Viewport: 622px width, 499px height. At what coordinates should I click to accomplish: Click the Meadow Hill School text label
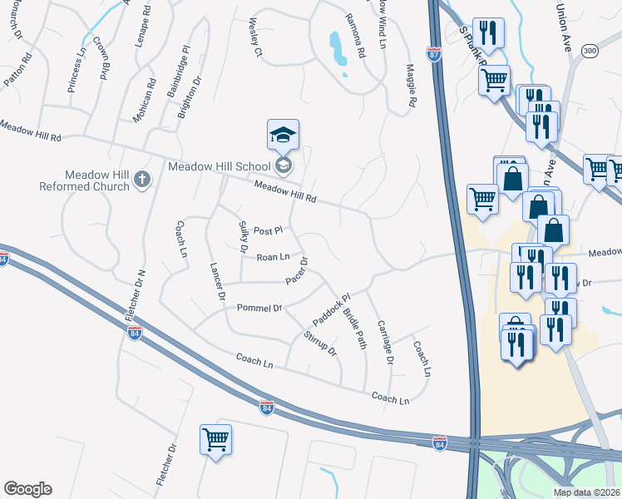point(219,166)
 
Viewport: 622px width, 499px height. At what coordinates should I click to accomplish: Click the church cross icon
point(142,180)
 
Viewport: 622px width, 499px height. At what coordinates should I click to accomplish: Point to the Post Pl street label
point(269,230)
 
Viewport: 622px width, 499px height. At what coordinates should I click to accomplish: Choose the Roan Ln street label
point(273,258)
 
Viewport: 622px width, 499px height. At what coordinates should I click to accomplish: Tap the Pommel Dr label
point(259,308)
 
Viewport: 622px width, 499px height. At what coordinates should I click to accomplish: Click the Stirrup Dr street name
point(320,343)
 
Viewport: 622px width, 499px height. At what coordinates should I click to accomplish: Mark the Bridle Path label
point(355,329)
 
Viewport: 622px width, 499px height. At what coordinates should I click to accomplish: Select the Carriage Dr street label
point(384,341)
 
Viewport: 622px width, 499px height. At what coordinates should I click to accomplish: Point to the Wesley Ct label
point(254,40)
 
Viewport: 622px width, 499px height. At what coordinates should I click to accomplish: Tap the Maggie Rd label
point(410,86)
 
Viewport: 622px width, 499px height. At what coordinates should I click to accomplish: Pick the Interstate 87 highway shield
point(434,54)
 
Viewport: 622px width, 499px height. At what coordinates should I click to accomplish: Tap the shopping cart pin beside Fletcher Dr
point(216,438)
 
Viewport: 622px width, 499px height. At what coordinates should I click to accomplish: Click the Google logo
point(27,489)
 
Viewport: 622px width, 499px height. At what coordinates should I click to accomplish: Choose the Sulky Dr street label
point(243,237)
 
